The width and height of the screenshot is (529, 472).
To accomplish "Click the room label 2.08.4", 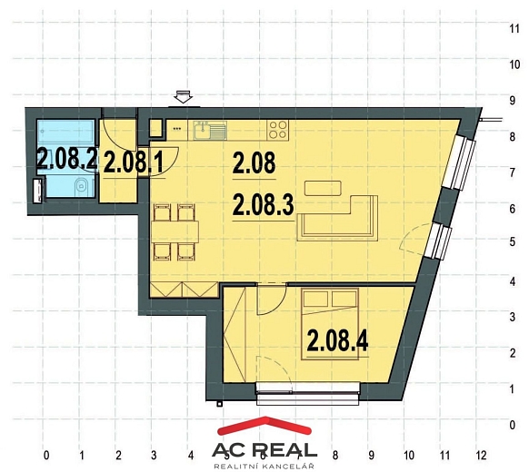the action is coord(337,341).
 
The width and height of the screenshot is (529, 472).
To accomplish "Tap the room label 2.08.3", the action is coord(264,205).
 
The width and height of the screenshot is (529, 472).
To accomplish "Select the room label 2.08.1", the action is coord(134,162).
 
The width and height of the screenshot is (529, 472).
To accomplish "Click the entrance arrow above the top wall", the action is coord(184,96).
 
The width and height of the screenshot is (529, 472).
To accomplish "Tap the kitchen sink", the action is coord(209,131).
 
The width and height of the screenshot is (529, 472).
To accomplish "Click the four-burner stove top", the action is coord(278,131).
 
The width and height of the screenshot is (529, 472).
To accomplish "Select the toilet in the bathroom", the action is coord(82,186).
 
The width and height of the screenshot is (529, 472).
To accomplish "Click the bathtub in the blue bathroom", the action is coord(65,132).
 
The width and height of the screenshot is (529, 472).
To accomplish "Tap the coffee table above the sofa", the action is coord(323,188).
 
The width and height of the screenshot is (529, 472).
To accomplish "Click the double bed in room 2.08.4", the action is coord(330,324).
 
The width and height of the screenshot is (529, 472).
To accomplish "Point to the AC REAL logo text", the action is coord(264,450).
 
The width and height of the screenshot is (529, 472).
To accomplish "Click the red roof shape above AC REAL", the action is coord(264,425).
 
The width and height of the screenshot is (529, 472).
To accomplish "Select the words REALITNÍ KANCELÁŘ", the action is coord(264,467).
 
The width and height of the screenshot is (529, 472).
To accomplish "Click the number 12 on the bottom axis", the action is coord(482,456).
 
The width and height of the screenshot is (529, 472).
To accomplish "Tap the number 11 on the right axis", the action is coord(514,29).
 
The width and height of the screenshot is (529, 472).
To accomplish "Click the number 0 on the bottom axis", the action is coord(46,456).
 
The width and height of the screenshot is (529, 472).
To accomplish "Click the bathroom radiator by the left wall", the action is coord(39,191).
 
